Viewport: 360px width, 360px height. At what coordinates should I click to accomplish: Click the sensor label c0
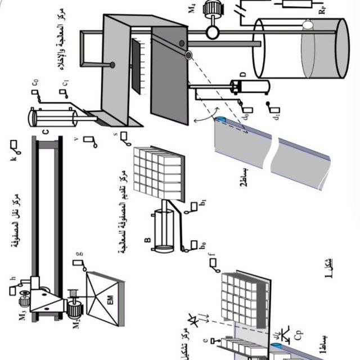35,83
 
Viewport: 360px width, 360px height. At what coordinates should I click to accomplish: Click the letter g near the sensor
78,254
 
